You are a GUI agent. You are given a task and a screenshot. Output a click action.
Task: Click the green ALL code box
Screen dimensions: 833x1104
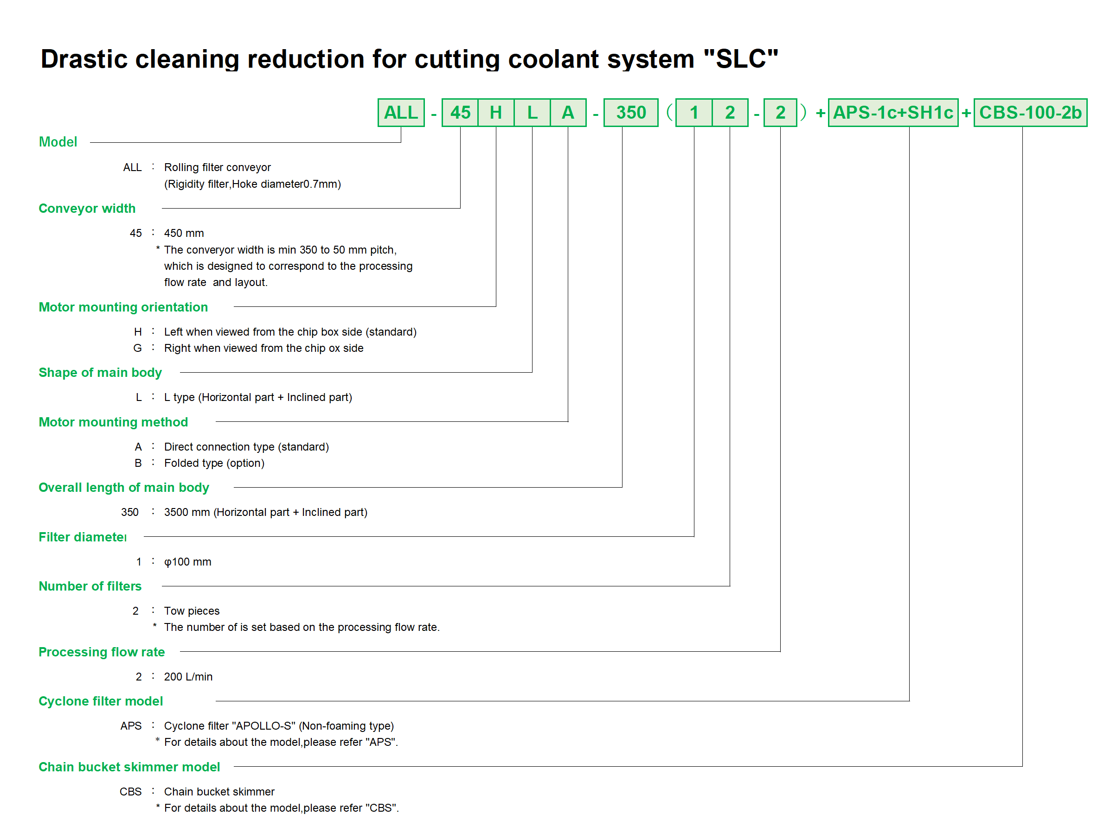401,113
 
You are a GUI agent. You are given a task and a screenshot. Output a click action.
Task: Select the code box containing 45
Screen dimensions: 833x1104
460,113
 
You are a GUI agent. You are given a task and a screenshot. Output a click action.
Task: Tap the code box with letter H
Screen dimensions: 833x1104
495,113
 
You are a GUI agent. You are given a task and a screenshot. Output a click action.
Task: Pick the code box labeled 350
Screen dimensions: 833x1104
631,113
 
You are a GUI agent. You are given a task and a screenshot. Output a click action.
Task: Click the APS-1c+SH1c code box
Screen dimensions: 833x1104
893,113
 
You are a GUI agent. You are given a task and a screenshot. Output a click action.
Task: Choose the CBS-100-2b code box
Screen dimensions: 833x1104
1030,113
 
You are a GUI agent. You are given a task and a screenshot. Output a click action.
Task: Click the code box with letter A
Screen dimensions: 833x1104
568,113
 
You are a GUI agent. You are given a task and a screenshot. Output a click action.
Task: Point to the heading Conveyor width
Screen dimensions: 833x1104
87,209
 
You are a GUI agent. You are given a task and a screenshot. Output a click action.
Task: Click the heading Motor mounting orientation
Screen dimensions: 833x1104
123,307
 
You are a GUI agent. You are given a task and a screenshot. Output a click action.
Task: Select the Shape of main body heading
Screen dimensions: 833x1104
100,373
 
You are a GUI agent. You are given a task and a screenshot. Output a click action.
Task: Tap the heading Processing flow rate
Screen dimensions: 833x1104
101,652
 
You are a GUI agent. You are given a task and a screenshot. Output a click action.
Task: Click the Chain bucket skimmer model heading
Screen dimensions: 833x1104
129,767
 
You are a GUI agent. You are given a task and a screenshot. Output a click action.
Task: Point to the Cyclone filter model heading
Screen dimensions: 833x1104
100,701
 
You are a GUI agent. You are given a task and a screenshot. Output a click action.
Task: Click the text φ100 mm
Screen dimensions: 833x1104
188,562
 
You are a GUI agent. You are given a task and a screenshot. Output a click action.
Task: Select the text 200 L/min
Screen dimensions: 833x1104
188,676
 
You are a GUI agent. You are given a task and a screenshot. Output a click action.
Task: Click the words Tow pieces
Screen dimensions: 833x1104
192,611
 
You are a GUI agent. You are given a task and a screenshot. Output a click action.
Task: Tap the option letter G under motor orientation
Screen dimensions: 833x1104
137,348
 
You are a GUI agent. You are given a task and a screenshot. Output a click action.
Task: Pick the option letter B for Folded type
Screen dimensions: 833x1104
138,463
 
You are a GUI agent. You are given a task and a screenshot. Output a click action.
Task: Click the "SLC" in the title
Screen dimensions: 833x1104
741,59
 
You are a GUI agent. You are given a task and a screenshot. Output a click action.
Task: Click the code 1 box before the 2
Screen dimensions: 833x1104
694,113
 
